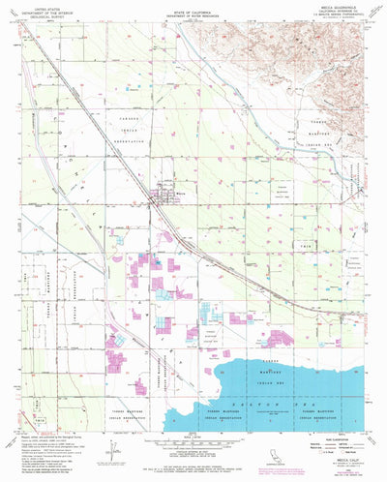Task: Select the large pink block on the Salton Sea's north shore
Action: point(286,339)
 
